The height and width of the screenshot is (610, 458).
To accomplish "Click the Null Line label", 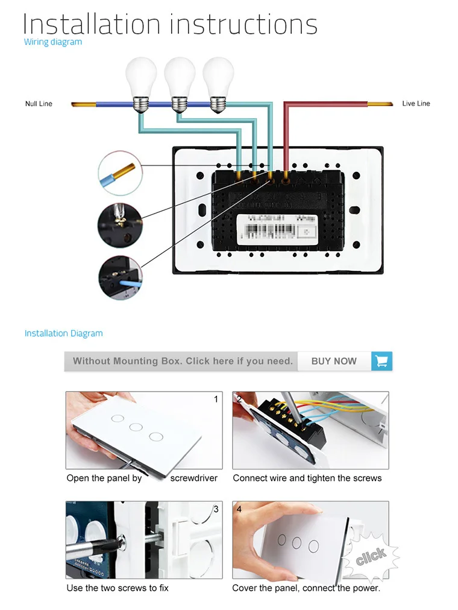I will coord(39,104).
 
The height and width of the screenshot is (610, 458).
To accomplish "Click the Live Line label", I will coord(416,104).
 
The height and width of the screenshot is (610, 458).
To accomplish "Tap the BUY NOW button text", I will coord(334,361).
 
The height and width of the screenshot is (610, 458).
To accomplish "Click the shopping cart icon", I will coord(381,361).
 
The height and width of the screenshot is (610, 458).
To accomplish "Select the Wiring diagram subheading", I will coord(53,42).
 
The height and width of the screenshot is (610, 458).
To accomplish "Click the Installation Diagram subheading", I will coord(63,333).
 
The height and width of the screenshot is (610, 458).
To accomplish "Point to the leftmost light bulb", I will coord(140,81).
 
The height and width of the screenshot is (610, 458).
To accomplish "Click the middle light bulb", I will coord(179,81).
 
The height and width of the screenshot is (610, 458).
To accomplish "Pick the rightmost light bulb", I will coord(218,81).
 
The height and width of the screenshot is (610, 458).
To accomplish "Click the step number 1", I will coord(216,399).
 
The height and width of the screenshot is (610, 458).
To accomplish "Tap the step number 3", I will coord(216,509).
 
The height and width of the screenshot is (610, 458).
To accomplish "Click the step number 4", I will coord(239,509).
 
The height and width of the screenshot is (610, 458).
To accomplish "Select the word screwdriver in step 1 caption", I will coord(193,478).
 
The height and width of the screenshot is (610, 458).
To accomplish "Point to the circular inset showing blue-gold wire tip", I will coord(120,173).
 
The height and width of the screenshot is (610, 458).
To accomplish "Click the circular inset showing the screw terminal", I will coord(120,224).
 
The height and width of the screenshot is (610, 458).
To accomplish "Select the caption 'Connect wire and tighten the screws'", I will coord(307,478).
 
